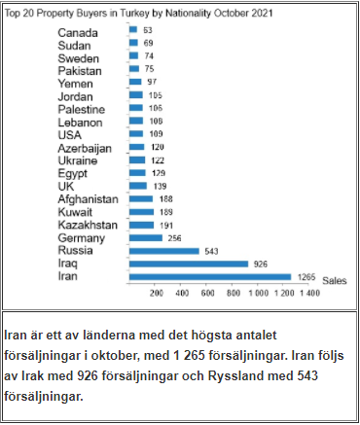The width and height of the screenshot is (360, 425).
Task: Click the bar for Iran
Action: [x=210, y=275]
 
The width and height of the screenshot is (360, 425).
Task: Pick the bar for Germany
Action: [x=145, y=236]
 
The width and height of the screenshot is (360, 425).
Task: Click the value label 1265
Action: [x=306, y=275]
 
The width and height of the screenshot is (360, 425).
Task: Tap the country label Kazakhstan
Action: [x=88, y=224]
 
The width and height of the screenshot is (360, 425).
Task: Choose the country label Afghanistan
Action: [x=88, y=198]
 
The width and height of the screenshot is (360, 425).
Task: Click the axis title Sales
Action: [x=336, y=278]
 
